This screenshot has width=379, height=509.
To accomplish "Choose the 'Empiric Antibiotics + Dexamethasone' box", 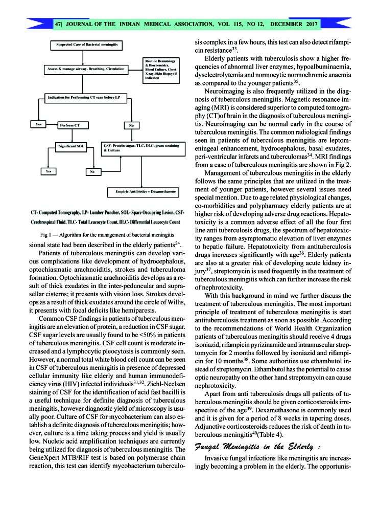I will coord(143,192).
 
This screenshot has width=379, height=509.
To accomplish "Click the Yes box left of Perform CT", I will coord(38,124).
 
